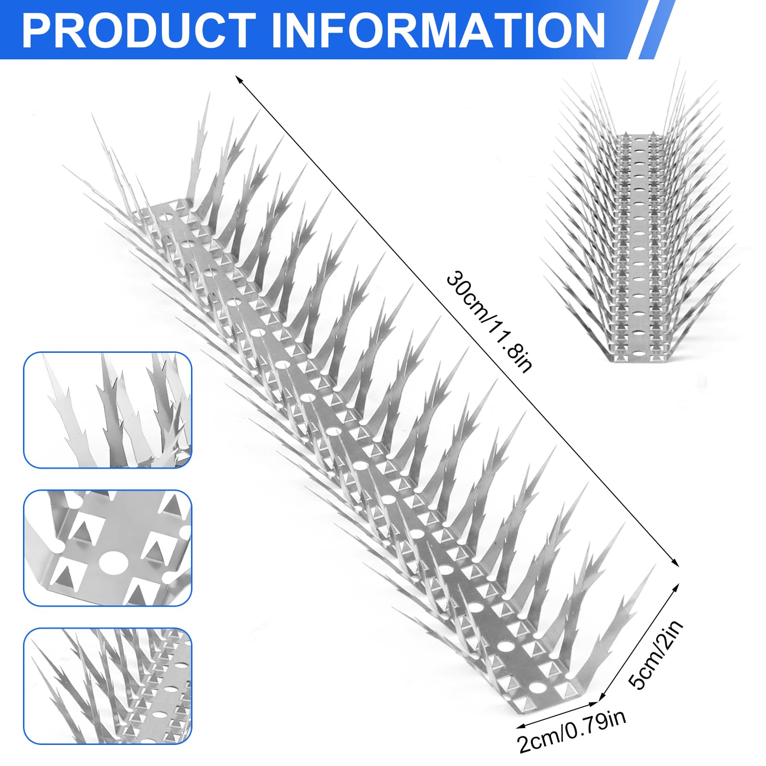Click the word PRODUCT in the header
(139, 30)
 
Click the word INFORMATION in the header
(439, 30)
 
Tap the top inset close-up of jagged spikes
(108, 410)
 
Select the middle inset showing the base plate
(108, 548)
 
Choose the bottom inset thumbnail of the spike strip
(108, 686)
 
